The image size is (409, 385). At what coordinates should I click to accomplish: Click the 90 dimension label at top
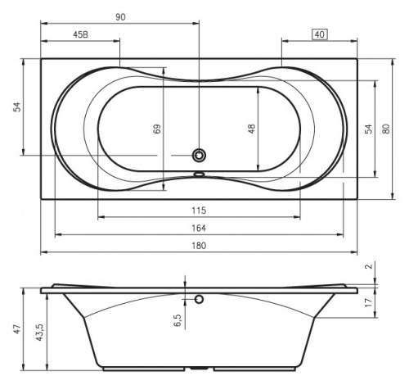pos(120,17)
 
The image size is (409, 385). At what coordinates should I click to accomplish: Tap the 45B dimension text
pos(81,34)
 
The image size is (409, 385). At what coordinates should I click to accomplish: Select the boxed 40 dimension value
pos(320,34)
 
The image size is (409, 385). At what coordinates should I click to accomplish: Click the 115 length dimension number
pos(199,211)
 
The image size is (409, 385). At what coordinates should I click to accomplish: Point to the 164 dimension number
pos(199,228)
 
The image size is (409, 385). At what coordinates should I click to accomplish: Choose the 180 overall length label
pos(199,246)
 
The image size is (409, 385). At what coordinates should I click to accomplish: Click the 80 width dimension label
pos(386,129)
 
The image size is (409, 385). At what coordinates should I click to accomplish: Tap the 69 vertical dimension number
pos(157,129)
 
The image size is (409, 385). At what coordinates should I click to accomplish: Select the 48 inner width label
pos(252,129)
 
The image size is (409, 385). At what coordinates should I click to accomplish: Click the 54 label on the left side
pos(17,106)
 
